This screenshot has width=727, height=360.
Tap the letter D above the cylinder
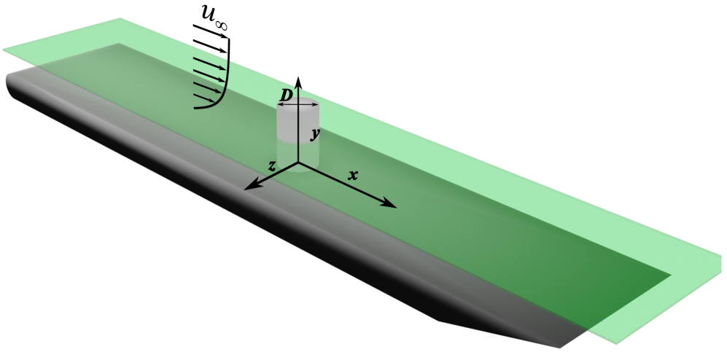click(x=287, y=95)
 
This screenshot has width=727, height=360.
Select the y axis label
click(x=314, y=134)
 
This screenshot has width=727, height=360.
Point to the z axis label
click(x=271, y=166)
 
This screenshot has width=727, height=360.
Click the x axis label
click(x=353, y=175)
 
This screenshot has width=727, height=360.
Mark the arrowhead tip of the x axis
click(x=397, y=207)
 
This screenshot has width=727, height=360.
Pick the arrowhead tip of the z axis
click(x=244, y=189)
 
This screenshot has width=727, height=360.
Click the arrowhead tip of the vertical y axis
click(x=298, y=74)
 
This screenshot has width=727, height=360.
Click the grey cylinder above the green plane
click(x=298, y=120)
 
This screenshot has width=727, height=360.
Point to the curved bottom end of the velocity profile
click(x=200, y=107)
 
